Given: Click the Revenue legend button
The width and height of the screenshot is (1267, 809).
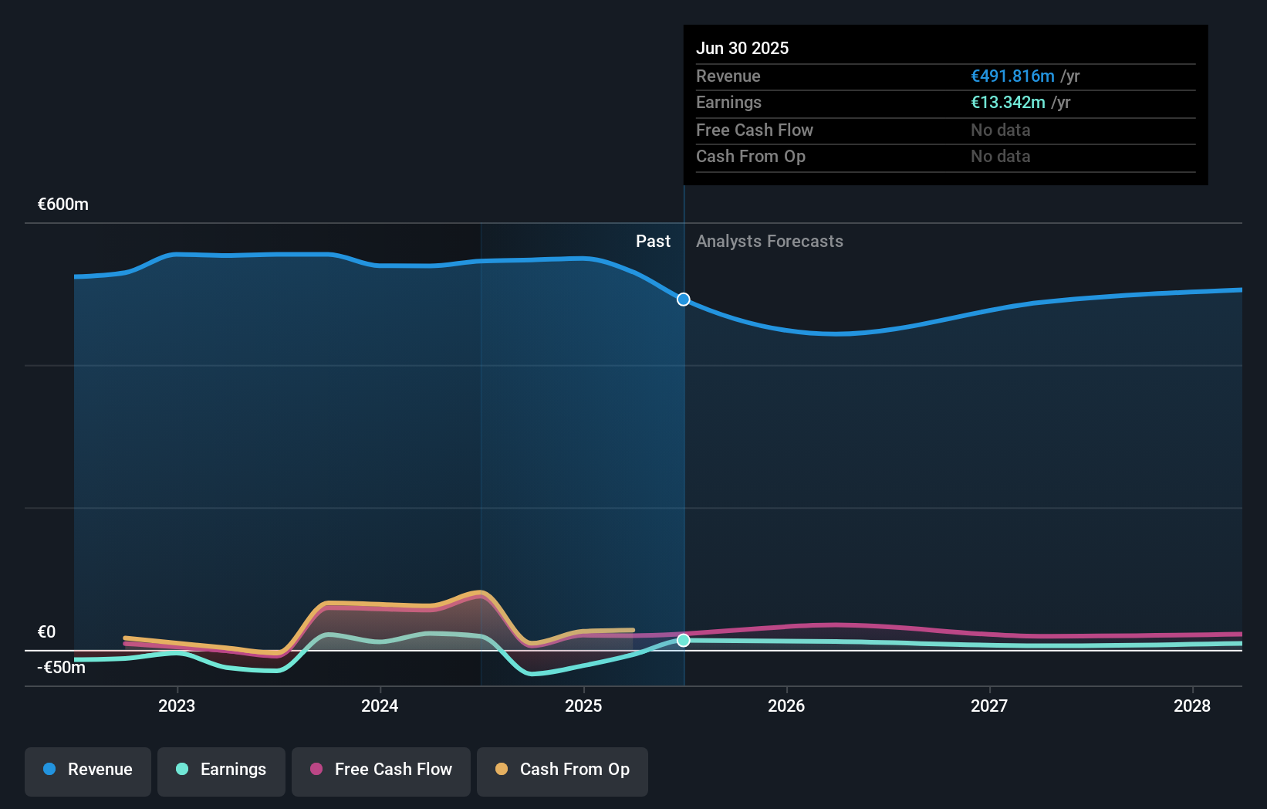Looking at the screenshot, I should (x=88, y=770).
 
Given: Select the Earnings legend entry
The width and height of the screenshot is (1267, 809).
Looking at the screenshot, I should (x=221, y=770).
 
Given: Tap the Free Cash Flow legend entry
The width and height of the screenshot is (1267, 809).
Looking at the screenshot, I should (x=381, y=770).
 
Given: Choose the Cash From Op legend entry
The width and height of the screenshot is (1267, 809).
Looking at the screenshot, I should (x=563, y=770).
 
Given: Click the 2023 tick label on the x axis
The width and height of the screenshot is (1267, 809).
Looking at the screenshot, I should (x=177, y=706).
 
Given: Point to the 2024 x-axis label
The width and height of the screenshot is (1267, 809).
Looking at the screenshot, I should (x=380, y=706).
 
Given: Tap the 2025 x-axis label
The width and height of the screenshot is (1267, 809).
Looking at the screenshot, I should (x=583, y=706).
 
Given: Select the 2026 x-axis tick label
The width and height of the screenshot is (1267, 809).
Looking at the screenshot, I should (x=786, y=706).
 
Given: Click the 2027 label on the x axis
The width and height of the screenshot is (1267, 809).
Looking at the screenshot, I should (x=989, y=706).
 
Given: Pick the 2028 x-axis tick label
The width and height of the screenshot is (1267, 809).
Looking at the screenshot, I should (x=1192, y=706).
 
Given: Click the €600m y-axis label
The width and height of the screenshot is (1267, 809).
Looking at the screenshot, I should (x=63, y=205).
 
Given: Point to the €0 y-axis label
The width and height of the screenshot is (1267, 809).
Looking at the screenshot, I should (x=47, y=632).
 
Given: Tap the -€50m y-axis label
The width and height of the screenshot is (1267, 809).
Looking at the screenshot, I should (x=62, y=668).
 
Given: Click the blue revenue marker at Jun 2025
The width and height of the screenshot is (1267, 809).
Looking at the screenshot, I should (x=684, y=300).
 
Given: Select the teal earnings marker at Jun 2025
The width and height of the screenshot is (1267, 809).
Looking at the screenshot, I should (x=684, y=641).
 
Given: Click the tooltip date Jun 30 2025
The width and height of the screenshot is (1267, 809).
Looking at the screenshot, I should (x=742, y=48).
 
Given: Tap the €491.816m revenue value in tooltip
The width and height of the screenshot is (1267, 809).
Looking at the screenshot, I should (x=1012, y=76).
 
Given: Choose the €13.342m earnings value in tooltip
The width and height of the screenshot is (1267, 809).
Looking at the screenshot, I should (x=1008, y=103).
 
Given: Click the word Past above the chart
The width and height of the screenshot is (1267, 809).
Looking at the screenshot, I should (x=653, y=242).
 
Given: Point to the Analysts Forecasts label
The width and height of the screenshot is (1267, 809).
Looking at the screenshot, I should (x=769, y=242).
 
